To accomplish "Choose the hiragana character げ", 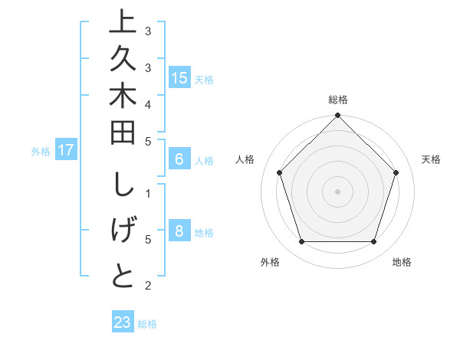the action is point(123,231).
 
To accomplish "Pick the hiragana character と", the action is point(123,275).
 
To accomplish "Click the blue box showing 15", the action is point(179,78).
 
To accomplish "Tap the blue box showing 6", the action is point(179,160).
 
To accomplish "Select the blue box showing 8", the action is point(179,232).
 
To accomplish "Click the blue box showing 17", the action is point(66,150).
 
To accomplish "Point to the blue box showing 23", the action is point(123,322).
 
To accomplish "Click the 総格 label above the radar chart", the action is point(338,100).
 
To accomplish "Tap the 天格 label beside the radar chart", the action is point(432,159).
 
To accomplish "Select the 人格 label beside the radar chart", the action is point(245,159).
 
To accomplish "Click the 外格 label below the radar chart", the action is point(270,262).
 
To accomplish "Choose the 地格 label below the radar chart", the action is point(402,262).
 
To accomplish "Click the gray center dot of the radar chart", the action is point(337,191).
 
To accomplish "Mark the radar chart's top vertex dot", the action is point(337,117).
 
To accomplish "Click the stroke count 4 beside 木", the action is point(148,103).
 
